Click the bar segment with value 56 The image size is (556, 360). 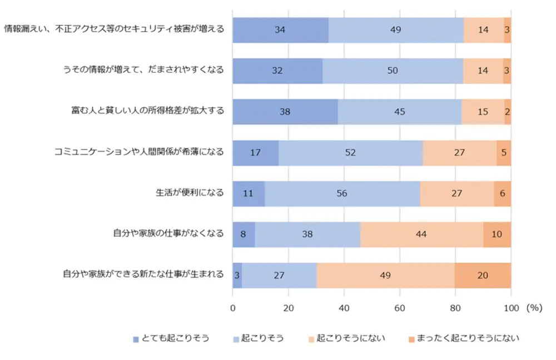tap(342, 193)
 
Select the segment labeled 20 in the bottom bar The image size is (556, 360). tap(483, 275)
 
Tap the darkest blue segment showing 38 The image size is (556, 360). tap(285, 111)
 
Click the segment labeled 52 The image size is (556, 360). tap(350, 152)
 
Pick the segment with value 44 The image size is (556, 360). tap(421, 234)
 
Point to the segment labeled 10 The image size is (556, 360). tap(497, 234)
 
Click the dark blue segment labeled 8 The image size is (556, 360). tap(244, 234)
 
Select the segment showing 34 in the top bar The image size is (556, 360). tap(280, 29)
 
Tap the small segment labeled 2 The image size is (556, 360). tap(508, 111)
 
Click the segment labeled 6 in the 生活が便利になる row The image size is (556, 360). tap(502, 193)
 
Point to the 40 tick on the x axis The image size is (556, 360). tap(344, 307)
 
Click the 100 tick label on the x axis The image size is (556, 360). tap(511, 307)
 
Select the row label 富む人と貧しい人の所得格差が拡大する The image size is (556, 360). tap(143, 111)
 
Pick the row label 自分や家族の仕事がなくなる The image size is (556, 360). tap(168, 234)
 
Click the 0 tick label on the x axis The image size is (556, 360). tap(232, 307)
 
